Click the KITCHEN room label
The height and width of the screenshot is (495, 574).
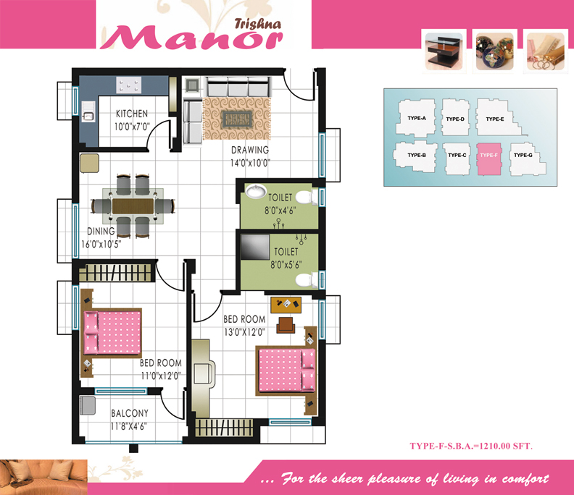click(x=132, y=114)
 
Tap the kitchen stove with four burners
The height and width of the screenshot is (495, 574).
click(x=129, y=85)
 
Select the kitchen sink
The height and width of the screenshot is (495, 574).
click(x=88, y=111)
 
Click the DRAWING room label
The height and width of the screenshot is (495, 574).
click(x=250, y=151)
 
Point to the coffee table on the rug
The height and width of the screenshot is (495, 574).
click(x=237, y=119)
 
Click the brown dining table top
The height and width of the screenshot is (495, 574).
click(x=133, y=206)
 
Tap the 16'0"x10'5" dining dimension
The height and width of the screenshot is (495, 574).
click(x=101, y=244)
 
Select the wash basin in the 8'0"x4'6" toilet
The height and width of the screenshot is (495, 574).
click(x=256, y=191)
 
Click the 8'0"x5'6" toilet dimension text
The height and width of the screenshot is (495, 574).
click(x=286, y=265)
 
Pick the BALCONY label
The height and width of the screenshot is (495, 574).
click(x=130, y=413)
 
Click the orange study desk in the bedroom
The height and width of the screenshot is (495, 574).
click(x=286, y=305)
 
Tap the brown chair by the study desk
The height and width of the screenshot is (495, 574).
click(x=286, y=325)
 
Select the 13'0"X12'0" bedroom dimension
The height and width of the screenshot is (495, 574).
click(x=244, y=332)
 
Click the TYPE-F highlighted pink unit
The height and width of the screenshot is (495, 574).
click(x=488, y=159)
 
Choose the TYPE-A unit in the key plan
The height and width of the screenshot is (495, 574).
click(x=416, y=118)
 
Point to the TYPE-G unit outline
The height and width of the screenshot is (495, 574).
click(x=527, y=159)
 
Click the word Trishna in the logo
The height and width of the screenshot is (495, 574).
click(x=258, y=24)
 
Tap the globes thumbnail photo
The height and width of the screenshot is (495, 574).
click(x=494, y=51)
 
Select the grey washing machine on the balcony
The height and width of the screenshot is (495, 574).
click(x=88, y=405)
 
